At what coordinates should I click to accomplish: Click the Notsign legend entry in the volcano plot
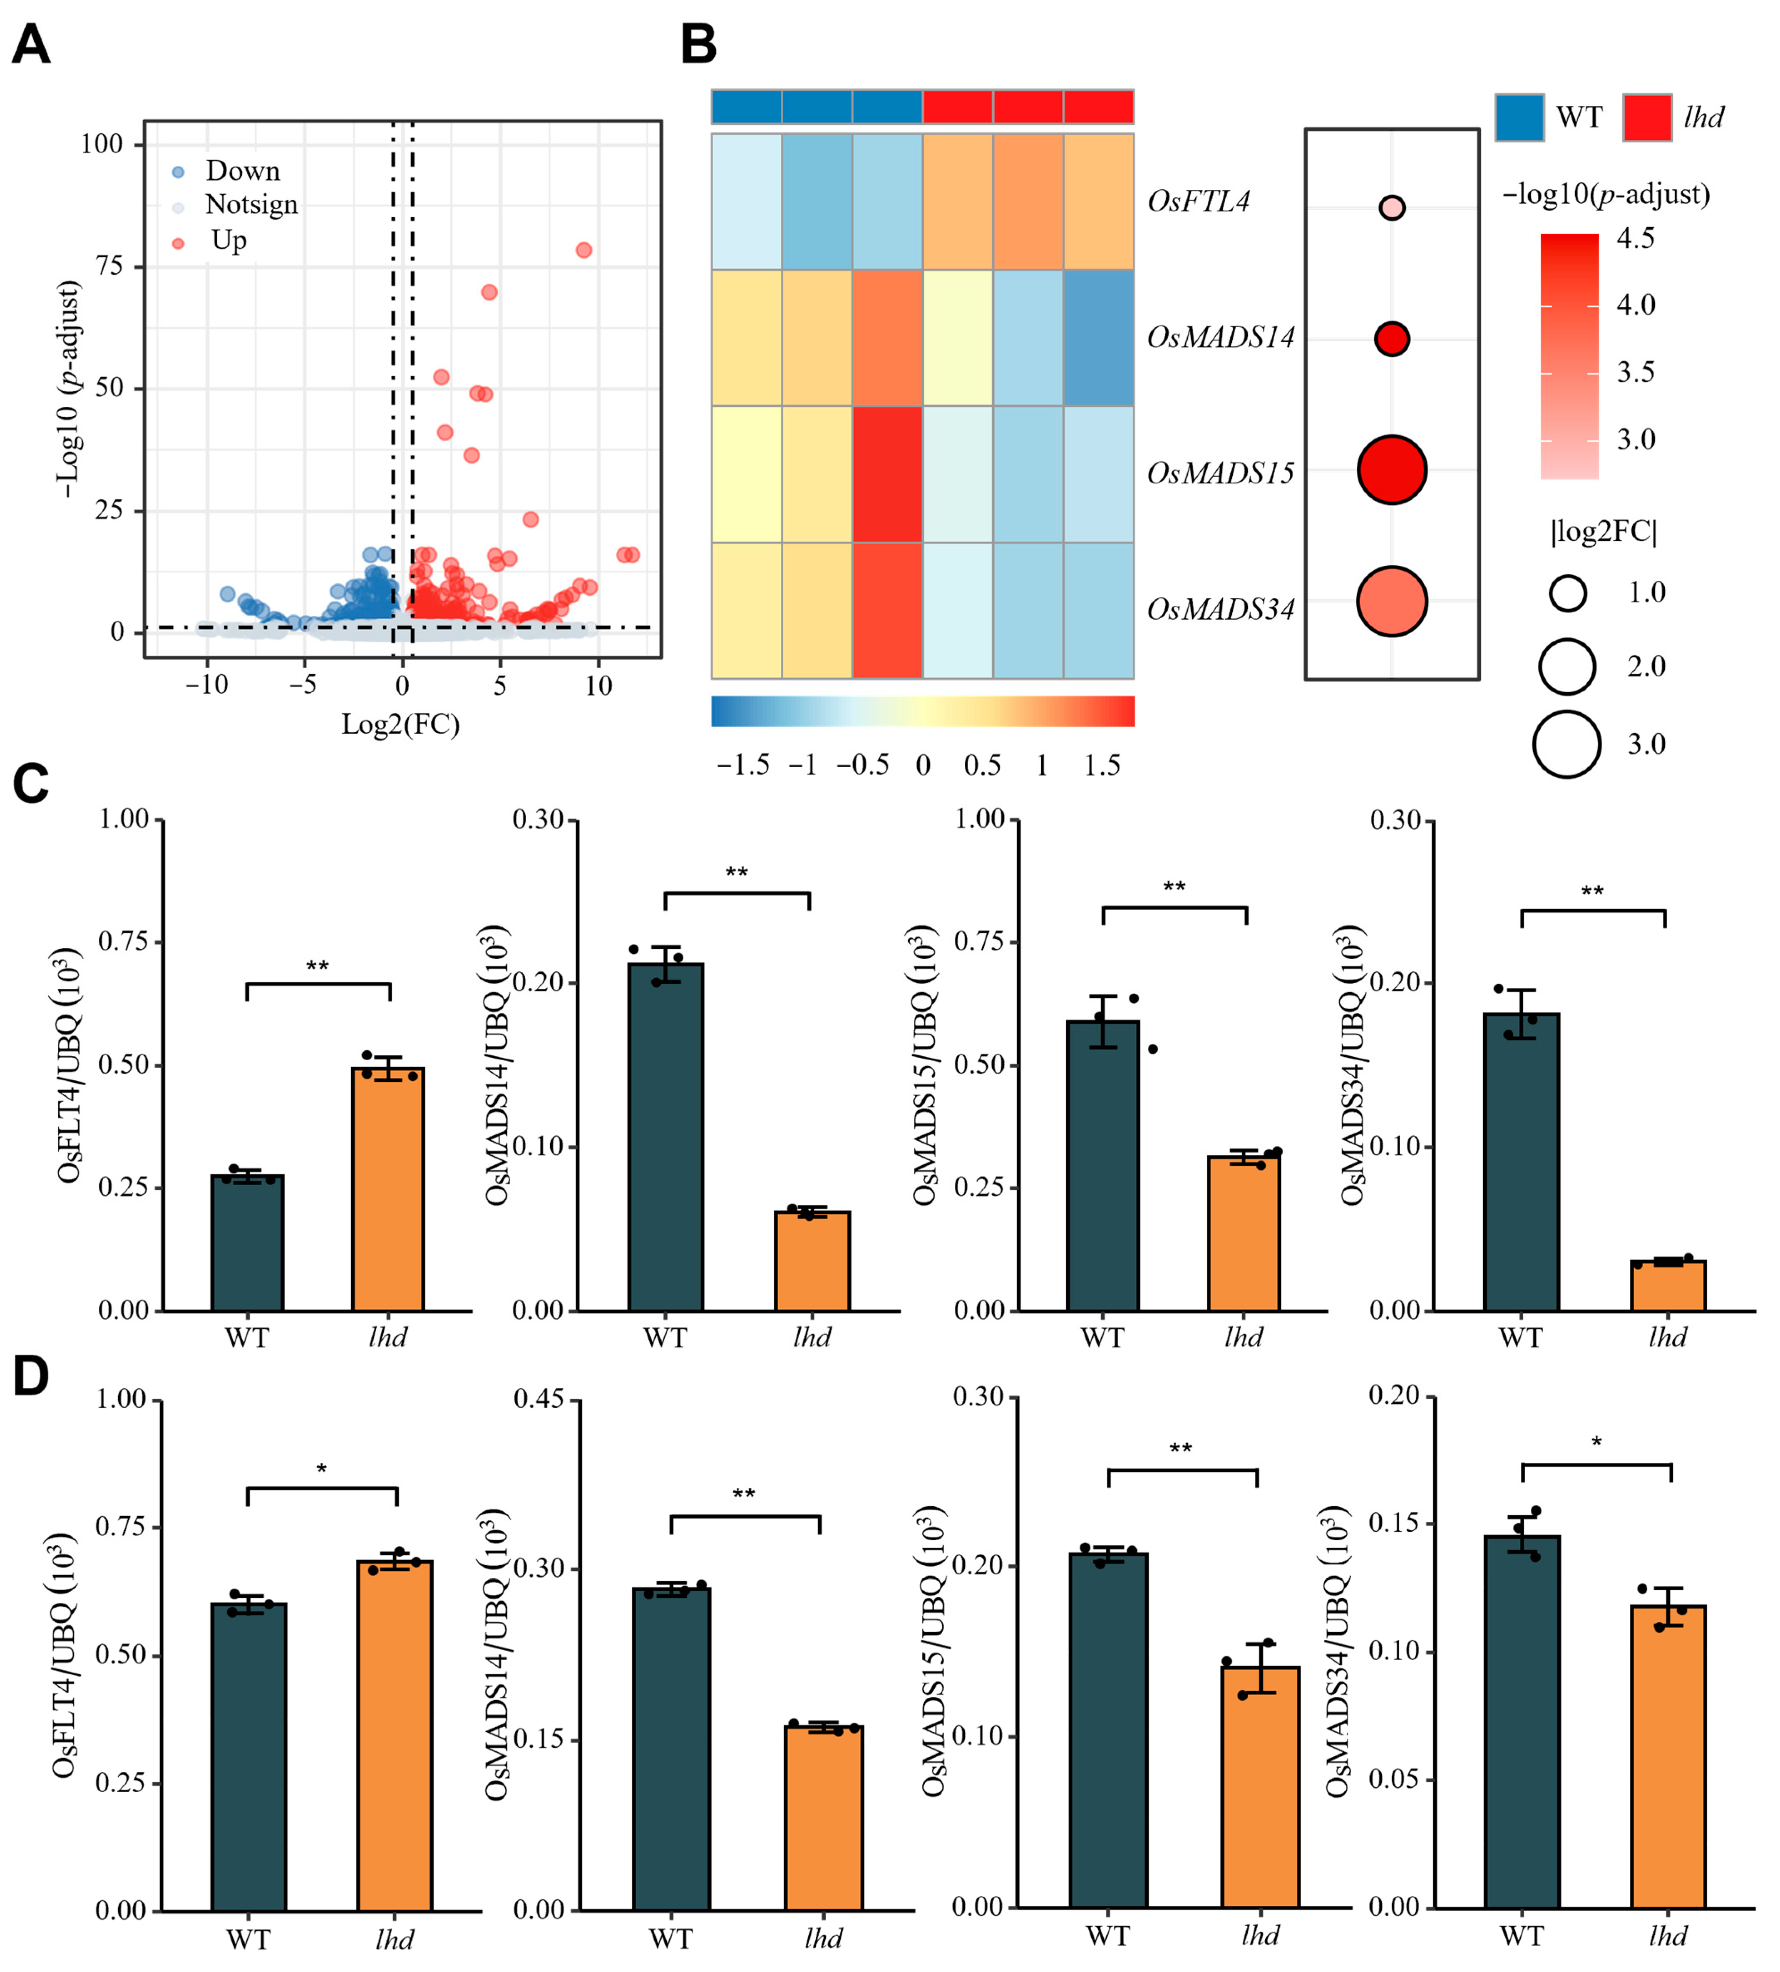[251, 205]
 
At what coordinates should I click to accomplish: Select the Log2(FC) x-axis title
[400, 725]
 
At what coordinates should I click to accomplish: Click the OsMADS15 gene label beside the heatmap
[1219, 473]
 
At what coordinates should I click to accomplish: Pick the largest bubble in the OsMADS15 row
[1391, 470]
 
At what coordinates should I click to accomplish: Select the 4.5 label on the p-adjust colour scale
[1635, 239]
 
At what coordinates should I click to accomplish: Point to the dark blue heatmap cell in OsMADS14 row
[1098, 338]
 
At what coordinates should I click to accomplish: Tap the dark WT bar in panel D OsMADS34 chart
[1522, 1721]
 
